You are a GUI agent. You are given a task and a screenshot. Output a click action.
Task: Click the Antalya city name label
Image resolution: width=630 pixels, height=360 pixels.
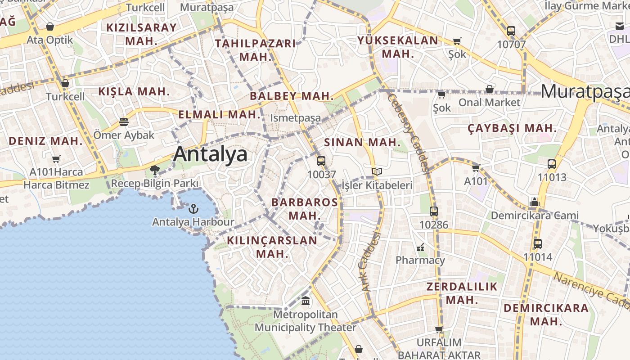coord(210,154)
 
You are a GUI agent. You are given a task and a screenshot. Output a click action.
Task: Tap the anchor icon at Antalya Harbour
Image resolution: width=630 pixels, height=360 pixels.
coord(193,209)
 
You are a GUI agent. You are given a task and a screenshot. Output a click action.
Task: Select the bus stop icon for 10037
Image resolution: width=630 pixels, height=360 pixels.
coord(321,161)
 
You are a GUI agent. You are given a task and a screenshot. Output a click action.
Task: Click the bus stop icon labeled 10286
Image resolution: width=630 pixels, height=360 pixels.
coord(434,211)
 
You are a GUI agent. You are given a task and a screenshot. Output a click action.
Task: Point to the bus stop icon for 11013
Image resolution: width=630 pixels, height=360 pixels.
coord(552,164)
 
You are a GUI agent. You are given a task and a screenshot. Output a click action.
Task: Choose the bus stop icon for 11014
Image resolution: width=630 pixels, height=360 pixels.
coord(537,244)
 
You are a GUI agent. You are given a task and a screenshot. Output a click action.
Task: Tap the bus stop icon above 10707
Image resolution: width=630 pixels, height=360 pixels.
coord(511,31)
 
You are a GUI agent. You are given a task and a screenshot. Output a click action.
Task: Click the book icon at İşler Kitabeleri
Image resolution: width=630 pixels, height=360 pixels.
coord(377,171)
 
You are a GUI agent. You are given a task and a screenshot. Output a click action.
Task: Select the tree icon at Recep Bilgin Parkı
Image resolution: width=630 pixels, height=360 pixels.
coord(155,170)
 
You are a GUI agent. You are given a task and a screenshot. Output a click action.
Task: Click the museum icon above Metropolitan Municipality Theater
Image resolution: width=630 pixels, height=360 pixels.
coord(306,300)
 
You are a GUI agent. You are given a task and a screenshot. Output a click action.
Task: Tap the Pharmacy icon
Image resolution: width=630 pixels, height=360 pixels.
coord(420,247)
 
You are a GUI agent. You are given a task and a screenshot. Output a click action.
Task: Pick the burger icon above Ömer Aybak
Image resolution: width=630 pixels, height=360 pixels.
coord(124,121)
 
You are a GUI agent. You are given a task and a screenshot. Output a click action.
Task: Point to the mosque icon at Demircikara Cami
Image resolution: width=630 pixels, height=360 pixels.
coord(535,202)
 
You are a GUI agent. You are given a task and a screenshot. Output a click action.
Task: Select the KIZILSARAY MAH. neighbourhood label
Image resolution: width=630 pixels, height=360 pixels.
coord(141,34)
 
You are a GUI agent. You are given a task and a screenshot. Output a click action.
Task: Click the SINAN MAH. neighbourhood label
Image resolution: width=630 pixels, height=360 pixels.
coord(362,143)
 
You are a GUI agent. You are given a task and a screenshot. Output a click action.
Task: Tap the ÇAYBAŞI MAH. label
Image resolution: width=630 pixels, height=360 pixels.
coord(512,128)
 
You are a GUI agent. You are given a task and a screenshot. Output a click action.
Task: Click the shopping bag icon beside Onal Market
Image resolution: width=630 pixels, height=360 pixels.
coord(489,89)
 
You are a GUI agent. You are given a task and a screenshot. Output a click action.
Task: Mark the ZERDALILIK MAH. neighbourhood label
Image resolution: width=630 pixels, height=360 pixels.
coord(462,293)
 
